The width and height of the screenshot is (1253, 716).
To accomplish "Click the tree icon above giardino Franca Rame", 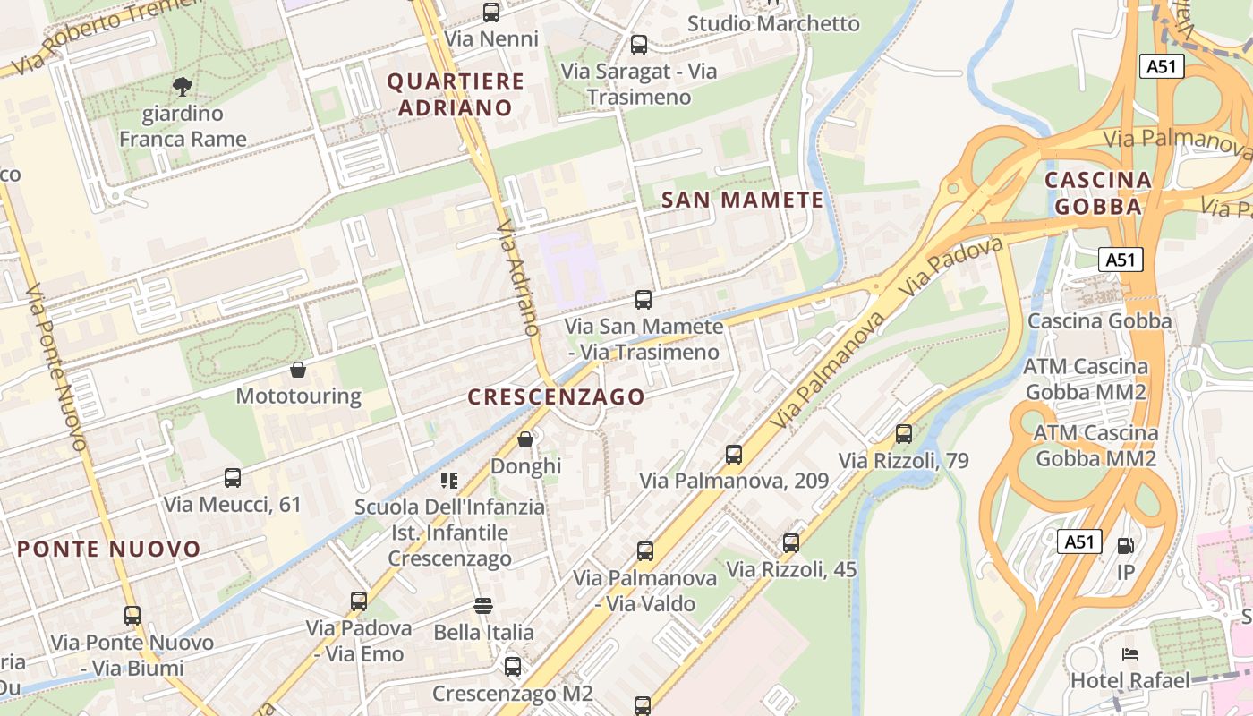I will (183, 87).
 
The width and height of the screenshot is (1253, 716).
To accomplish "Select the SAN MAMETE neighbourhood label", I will (742, 200).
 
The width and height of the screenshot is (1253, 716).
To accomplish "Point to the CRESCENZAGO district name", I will (556, 396).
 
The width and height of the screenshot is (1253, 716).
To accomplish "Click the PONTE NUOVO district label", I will (109, 549).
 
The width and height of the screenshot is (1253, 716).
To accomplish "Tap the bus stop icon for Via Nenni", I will (491, 13).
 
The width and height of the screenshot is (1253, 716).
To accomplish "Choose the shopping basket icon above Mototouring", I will (298, 370).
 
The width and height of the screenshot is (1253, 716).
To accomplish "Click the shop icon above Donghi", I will (525, 439).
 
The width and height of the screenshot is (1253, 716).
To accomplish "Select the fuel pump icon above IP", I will (1126, 545).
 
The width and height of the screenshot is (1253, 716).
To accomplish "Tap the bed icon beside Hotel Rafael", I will (1130, 654).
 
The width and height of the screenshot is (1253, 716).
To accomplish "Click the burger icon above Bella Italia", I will (483, 606).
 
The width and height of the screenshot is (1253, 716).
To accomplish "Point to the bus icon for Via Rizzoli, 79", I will (904, 434).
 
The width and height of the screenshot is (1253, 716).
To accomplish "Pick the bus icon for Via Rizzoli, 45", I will (791, 543).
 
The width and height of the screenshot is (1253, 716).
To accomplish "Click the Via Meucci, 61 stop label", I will (233, 504).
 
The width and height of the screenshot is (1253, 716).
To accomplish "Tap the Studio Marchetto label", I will (773, 23).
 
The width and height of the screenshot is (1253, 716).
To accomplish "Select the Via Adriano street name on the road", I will (520, 278).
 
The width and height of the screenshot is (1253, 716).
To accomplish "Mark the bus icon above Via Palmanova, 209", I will (734, 455).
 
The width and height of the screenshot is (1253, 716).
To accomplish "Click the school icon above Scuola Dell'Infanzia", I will (449, 481).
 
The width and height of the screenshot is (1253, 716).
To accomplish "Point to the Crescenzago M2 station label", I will (513, 694).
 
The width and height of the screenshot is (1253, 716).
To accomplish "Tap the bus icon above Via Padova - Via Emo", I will (359, 601).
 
